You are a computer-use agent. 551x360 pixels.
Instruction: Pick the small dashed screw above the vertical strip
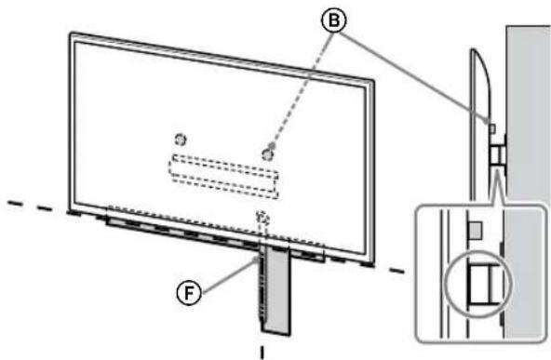pos(262,216)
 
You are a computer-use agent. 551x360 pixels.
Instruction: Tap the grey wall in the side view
pos(528,112)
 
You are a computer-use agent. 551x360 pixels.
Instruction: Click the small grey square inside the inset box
pos(473,229)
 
